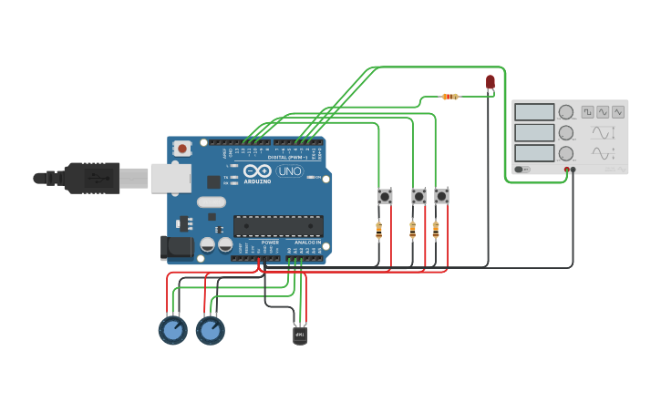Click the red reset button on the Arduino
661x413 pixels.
tap(182, 148)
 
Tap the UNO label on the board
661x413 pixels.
tap(290, 170)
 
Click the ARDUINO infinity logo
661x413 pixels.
tap(257, 170)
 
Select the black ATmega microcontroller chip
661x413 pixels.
tap(278, 226)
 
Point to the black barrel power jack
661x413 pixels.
tap(176, 246)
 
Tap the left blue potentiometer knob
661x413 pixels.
tap(172, 329)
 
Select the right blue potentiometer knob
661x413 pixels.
tap(210, 329)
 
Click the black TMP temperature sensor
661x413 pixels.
tap(300, 336)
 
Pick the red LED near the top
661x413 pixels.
tap(491, 82)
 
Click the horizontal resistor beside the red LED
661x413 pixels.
tap(449, 96)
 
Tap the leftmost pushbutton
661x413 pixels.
tap(385, 196)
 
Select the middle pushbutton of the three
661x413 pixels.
tap(418, 196)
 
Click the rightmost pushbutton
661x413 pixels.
tap(441, 196)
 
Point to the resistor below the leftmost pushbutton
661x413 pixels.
tap(379, 231)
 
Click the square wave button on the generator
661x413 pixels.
tap(588, 111)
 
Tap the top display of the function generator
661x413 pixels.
tap(534, 112)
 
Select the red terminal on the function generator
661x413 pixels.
tap(566, 169)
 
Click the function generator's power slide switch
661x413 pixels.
tap(522, 169)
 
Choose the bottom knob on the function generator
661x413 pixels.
tap(566, 153)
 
